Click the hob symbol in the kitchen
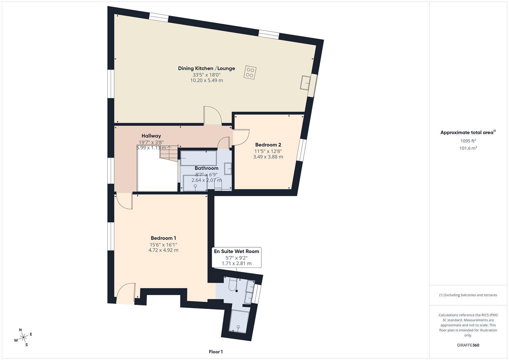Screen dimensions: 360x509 [250, 72]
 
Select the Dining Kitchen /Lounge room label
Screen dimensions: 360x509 [206, 68]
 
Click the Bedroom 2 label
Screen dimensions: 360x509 [268, 145]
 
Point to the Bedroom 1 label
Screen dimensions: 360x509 [163, 238]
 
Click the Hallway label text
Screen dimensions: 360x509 [151, 136]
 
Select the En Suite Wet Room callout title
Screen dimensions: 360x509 [236, 251]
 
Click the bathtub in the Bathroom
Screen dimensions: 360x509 [199, 158]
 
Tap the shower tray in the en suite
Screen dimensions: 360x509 [239, 321]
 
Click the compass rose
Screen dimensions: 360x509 [23, 337]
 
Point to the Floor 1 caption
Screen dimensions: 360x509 [216, 352]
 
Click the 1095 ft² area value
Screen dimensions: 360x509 [468, 141]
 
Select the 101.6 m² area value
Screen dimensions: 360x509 [468, 148]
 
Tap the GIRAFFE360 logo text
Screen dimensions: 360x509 [468, 345]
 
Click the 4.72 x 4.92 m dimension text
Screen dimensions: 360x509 [163, 250]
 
